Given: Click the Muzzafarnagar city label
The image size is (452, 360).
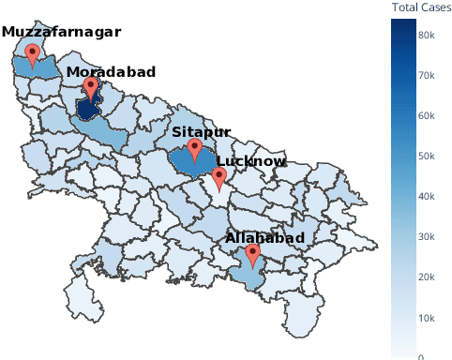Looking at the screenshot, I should tap(61, 32).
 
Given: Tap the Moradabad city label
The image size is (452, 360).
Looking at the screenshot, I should tap(111, 72).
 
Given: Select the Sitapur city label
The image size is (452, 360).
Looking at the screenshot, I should tap(201, 133).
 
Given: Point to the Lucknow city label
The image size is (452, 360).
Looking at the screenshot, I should tap(250, 161).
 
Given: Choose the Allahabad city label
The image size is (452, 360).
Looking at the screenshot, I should tap(265, 239).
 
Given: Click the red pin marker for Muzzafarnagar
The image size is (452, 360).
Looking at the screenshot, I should tap(33, 54).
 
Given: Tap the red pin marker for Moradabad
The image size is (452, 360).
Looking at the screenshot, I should tap(91, 88).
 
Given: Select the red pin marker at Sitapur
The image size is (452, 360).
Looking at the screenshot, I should tap(194, 148).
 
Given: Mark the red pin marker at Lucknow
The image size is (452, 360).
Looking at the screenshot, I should tap(218, 176).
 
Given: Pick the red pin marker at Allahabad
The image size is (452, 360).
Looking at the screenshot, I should tap(252, 254).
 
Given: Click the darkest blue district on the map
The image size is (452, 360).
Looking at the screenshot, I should tap(86, 111).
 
